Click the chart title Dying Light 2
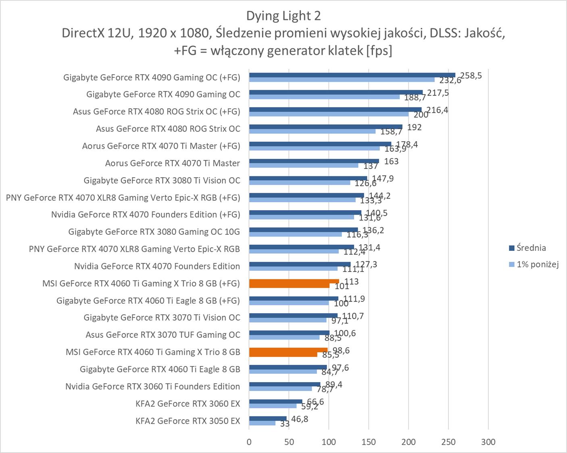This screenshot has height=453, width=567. [283, 16]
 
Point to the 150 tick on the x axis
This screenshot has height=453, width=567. [369, 442]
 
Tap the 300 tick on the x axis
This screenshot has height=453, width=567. [488, 442]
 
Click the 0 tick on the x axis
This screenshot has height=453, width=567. [249, 442]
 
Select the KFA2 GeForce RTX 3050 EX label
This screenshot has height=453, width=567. [188, 421]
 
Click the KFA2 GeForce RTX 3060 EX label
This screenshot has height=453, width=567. [188, 403]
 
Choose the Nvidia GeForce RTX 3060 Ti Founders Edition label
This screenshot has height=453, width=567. [152, 387]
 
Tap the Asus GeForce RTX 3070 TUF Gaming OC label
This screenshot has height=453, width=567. [163, 335]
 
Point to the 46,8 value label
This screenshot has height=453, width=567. [300, 419]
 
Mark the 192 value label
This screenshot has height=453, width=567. [414, 127]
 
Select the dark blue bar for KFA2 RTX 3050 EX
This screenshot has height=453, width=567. [268, 418]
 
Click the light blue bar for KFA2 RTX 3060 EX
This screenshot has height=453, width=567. [273, 406]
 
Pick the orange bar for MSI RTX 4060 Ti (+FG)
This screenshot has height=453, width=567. [294, 281]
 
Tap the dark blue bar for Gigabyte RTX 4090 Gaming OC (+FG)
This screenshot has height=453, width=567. [352, 75]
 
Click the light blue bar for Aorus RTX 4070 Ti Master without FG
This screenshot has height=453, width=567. [303, 165]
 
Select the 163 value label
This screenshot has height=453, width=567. [391, 161]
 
